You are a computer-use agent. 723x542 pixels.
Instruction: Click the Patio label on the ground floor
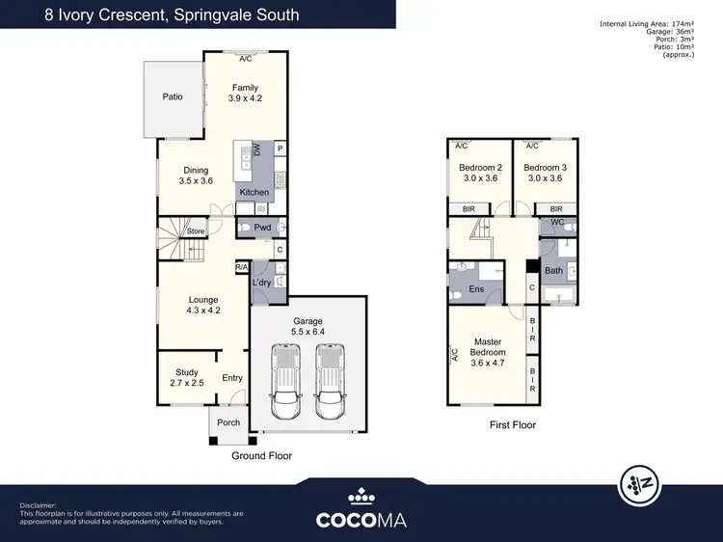click(173, 96)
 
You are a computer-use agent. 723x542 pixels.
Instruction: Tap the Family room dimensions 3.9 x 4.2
click(245, 98)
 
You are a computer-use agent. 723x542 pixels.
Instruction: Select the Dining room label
click(196, 171)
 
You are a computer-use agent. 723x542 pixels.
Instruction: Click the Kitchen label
click(254, 192)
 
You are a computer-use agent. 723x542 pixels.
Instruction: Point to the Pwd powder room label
click(262, 228)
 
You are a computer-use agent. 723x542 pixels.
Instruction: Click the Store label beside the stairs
click(196, 231)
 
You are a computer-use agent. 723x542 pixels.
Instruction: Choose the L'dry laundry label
click(260, 283)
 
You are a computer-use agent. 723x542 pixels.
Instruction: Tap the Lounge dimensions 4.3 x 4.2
click(203, 311)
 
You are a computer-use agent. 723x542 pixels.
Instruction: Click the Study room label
click(186, 372)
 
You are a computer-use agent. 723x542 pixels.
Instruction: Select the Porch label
click(228, 422)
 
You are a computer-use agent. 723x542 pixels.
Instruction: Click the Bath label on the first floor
click(553, 271)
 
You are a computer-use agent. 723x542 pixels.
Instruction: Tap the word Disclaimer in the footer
click(40, 504)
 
